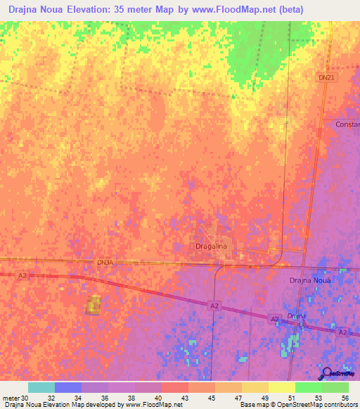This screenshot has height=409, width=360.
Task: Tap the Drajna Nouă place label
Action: click(309, 280)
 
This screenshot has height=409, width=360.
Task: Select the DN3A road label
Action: click(104, 262)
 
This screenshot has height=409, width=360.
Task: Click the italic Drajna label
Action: click(296, 316)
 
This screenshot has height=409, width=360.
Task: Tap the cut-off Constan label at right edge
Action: click(347, 124)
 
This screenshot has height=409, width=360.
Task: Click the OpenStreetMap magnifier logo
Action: click(327, 373)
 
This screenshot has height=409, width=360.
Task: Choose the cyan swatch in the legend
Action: click(41, 387)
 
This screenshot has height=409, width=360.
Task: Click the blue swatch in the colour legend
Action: click(67, 387)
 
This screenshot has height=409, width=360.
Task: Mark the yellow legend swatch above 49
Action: click(255, 387)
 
